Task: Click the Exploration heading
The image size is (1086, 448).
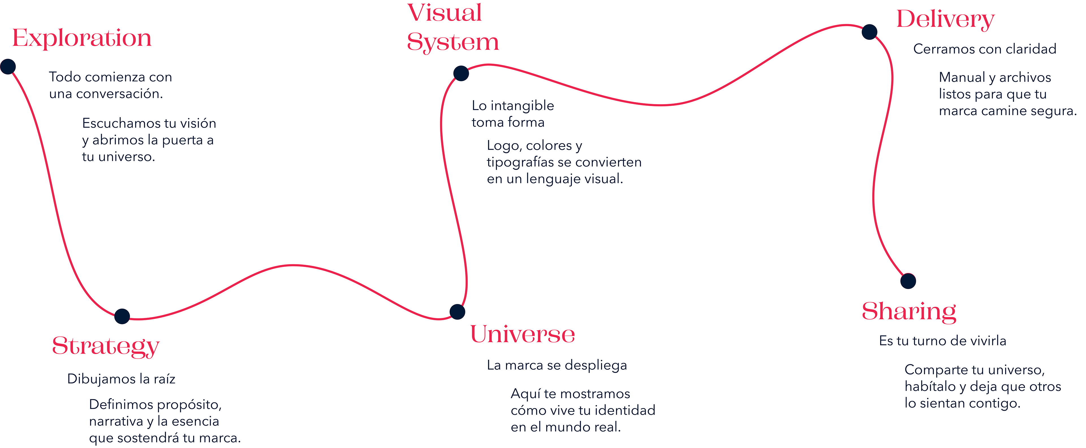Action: tap(82, 38)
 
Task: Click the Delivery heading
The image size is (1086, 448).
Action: tap(945, 20)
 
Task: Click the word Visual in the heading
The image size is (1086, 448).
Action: tap(444, 13)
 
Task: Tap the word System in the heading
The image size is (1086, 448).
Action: tap(453, 42)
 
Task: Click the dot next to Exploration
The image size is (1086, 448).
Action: tap(8, 66)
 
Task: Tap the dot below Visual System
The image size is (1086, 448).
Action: tap(461, 73)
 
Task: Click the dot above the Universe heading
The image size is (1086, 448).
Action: tap(457, 312)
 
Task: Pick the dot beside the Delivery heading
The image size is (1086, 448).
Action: tap(869, 32)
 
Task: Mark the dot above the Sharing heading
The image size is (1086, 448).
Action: tap(908, 281)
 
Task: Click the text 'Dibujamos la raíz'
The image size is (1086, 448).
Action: tap(121, 379)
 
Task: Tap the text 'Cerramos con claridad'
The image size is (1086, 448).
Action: tap(985, 49)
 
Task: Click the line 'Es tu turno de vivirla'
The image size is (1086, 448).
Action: tap(943, 341)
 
